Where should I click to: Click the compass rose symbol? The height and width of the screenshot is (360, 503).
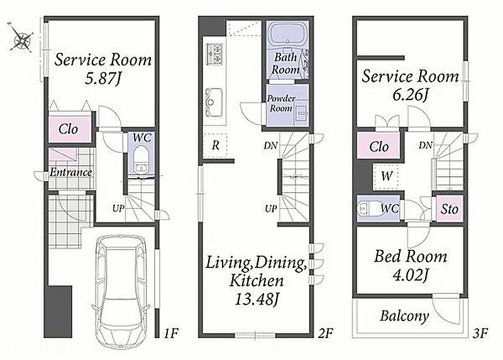point(21,38)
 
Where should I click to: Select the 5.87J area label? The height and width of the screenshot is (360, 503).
point(103,79)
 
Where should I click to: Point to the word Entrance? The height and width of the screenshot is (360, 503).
point(70,172)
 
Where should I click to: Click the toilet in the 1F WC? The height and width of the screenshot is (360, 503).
point(140,159)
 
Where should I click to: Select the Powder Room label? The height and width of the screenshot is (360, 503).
point(281,103)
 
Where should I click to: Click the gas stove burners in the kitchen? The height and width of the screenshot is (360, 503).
point(214,53)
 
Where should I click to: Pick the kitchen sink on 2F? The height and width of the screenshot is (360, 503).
point(214,103)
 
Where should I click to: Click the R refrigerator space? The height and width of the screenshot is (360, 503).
point(216,145)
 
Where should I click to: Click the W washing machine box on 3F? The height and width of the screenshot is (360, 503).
point(386,176)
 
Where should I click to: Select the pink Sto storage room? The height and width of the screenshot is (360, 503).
point(450,209)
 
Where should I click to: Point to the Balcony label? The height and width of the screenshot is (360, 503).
point(404,316)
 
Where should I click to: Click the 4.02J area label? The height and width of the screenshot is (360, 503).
point(411,276)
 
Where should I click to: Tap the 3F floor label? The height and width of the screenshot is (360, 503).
point(480,333)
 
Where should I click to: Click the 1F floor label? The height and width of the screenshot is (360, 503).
point(171,333)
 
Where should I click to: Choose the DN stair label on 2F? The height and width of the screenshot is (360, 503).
point(270,145)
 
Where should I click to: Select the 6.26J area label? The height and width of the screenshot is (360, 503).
point(411,95)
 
